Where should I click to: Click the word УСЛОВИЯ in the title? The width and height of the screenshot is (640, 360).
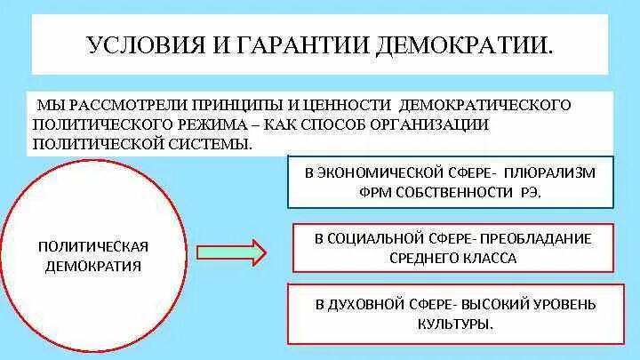[142, 44]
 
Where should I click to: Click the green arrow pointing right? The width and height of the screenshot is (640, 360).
[230, 253]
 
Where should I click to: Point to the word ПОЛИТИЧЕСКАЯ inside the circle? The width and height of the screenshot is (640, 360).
[92, 246]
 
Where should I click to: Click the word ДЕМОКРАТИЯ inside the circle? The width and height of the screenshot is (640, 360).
[92, 266]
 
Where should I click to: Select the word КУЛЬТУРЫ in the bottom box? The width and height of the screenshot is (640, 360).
[454, 324]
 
